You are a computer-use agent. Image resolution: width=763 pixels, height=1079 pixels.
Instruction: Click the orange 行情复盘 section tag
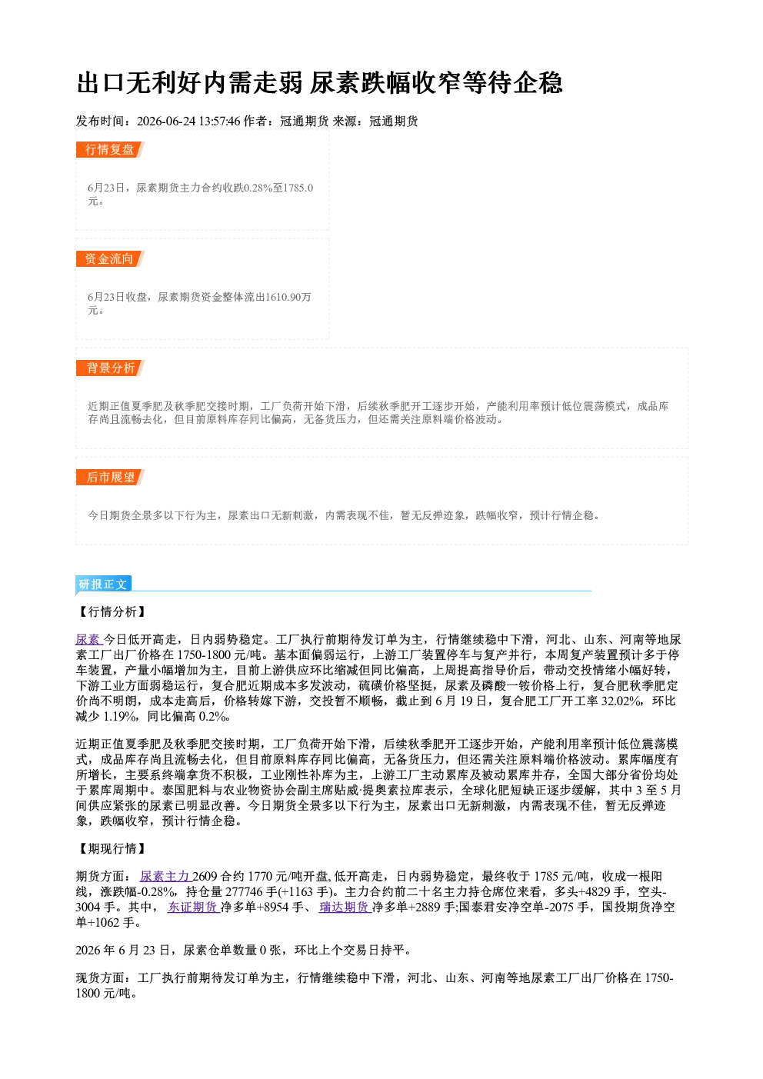110,150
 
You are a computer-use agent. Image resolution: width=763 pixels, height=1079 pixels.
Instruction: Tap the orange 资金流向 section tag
110,259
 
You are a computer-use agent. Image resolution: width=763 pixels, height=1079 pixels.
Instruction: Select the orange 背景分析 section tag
110,368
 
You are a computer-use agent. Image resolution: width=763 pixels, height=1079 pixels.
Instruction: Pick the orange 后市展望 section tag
110,478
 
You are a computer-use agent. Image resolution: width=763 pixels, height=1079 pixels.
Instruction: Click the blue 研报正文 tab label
103,584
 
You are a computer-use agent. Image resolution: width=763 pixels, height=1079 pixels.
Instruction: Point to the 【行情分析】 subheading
112,612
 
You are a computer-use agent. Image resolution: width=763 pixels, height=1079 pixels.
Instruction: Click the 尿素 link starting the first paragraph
88,640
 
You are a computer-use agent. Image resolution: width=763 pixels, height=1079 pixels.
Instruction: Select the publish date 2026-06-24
167,122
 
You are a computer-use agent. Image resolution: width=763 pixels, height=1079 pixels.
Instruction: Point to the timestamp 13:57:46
220,122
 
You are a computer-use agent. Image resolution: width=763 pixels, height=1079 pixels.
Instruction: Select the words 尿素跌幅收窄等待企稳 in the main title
436,83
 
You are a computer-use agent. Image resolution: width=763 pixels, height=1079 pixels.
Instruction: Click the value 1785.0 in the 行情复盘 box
298,188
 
